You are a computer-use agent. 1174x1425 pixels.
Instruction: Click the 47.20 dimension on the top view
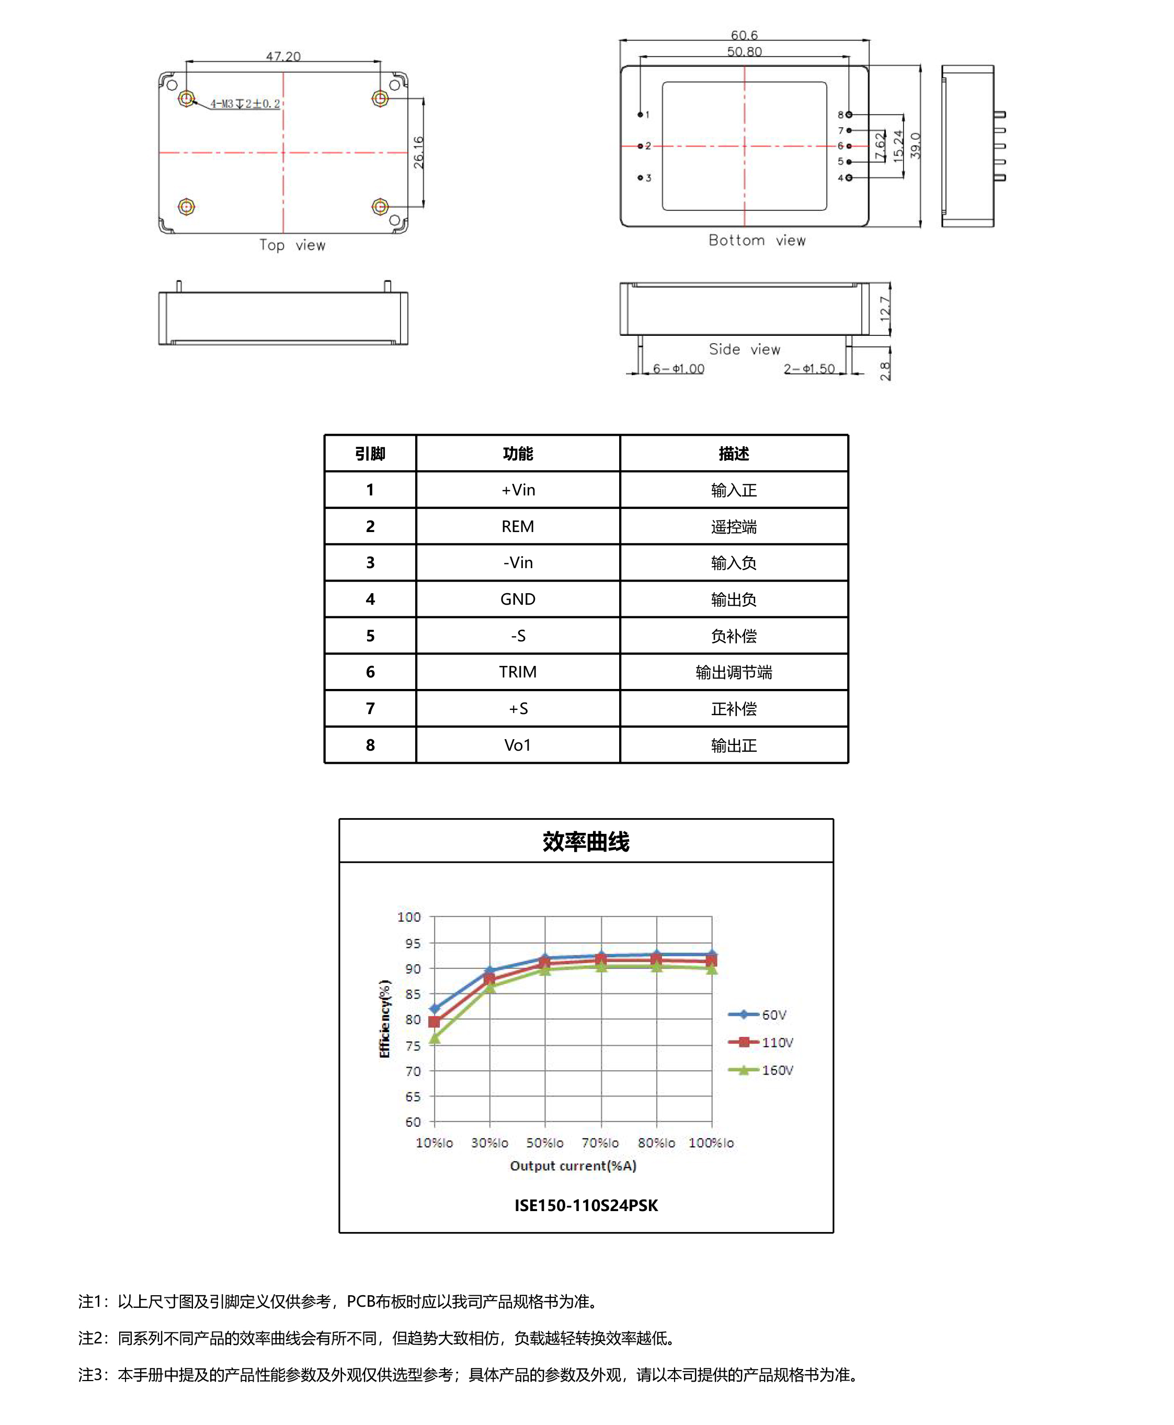(x=283, y=56)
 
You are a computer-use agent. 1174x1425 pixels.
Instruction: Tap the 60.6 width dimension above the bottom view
(x=744, y=35)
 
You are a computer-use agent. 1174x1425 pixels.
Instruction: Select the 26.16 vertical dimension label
(x=418, y=152)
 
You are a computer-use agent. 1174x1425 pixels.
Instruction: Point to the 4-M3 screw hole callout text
(x=245, y=104)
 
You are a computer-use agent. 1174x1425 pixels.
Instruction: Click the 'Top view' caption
(x=292, y=245)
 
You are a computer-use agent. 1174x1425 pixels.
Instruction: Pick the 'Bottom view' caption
(x=757, y=240)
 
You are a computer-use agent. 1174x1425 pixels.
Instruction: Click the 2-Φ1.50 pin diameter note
(x=809, y=369)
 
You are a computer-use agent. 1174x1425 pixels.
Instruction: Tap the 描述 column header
(x=734, y=453)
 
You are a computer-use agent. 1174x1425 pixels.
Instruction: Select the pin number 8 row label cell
(x=370, y=744)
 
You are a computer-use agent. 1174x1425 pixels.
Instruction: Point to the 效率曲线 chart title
(x=586, y=841)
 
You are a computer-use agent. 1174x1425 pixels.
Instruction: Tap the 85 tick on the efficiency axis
(x=413, y=994)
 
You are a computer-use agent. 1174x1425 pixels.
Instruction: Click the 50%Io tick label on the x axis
(x=544, y=1143)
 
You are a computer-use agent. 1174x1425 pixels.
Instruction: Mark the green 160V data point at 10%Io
(x=435, y=1038)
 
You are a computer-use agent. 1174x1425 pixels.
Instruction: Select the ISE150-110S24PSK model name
(x=586, y=1205)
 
